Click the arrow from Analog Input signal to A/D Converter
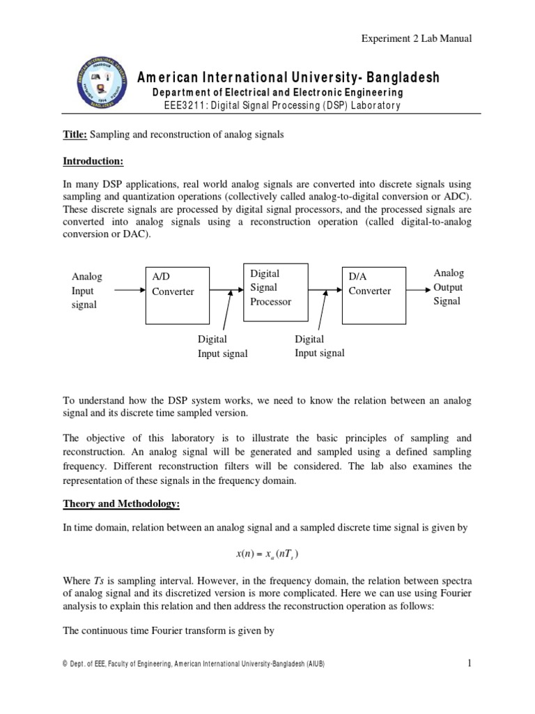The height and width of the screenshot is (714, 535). [x=128, y=291]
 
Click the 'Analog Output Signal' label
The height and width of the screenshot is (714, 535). [x=448, y=287]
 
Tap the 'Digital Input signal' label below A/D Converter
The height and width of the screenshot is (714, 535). [x=222, y=347]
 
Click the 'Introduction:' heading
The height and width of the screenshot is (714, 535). [x=93, y=162]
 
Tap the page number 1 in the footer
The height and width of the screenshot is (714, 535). [x=470, y=664]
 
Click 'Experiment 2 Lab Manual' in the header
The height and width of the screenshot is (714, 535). [x=417, y=38]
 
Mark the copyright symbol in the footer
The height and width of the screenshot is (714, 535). [x=65, y=664]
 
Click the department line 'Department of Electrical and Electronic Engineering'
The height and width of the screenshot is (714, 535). [x=277, y=93]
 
